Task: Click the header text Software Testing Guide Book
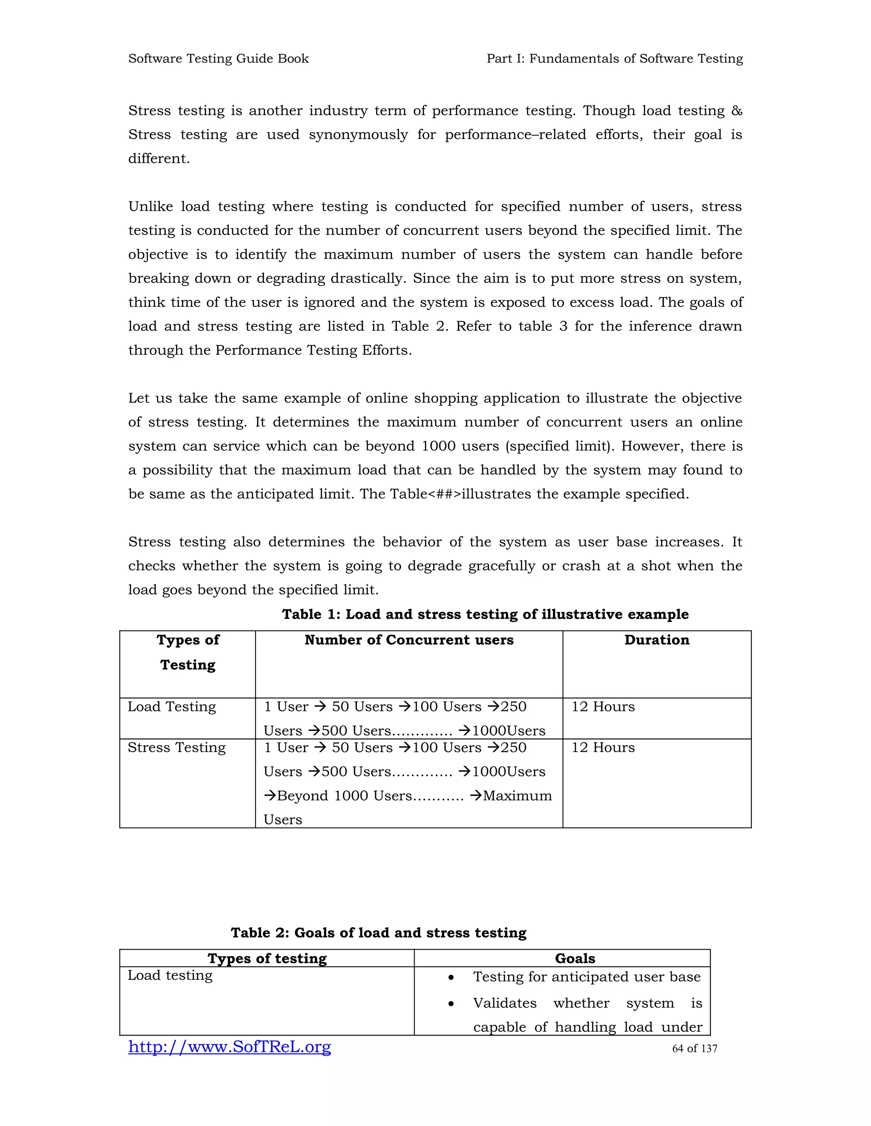tap(218, 59)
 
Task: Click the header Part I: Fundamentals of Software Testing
tap(614, 59)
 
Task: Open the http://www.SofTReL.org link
tap(230, 1047)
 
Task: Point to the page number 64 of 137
tap(694, 1049)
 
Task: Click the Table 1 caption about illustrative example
tap(485, 614)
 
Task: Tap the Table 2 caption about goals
tap(378, 933)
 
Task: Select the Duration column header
tap(656, 640)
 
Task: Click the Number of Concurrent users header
tap(409, 640)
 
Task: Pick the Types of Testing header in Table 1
tap(188, 652)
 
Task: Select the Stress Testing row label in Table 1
tap(176, 747)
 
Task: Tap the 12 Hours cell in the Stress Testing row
tap(603, 747)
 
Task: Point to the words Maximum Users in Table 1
tap(517, 795)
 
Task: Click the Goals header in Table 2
tap(575, 959)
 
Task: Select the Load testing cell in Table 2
tap(170, 976)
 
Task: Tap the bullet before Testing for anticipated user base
tap(451, 978)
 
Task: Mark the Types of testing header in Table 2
tap(267, 959)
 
